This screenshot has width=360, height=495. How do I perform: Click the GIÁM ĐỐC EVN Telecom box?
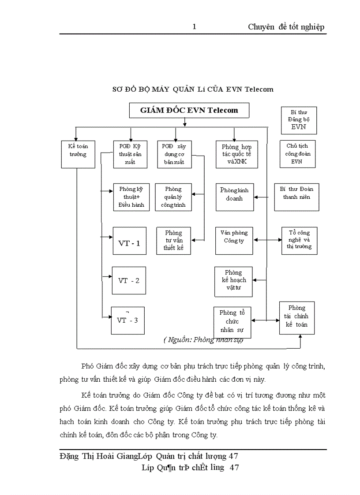tap(189, 110)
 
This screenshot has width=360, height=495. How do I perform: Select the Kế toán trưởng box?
tap(78, 154)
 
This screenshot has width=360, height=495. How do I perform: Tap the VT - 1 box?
tap(129, 243)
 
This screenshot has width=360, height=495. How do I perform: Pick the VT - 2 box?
tap(129, 280)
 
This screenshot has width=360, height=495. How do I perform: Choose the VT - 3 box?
tap(127, 320)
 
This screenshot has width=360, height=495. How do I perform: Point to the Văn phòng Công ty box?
tap(234, 241)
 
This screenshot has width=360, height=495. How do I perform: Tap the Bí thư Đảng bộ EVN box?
tap(299, 120)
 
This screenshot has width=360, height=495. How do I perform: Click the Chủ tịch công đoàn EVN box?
tap(297, 154)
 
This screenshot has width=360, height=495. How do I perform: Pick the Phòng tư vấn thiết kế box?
tap(173, 241)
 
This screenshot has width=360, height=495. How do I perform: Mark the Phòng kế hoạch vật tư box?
tap(233, 281)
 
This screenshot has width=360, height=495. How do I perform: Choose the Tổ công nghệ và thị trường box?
tap(300, 241)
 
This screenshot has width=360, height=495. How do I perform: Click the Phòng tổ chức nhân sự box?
tap(232, 322)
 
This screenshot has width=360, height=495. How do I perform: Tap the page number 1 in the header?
tap(194, 27)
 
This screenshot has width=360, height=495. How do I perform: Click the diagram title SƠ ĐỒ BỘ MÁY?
tap(193, 89)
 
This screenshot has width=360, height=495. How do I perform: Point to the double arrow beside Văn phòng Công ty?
tap(268, 240)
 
